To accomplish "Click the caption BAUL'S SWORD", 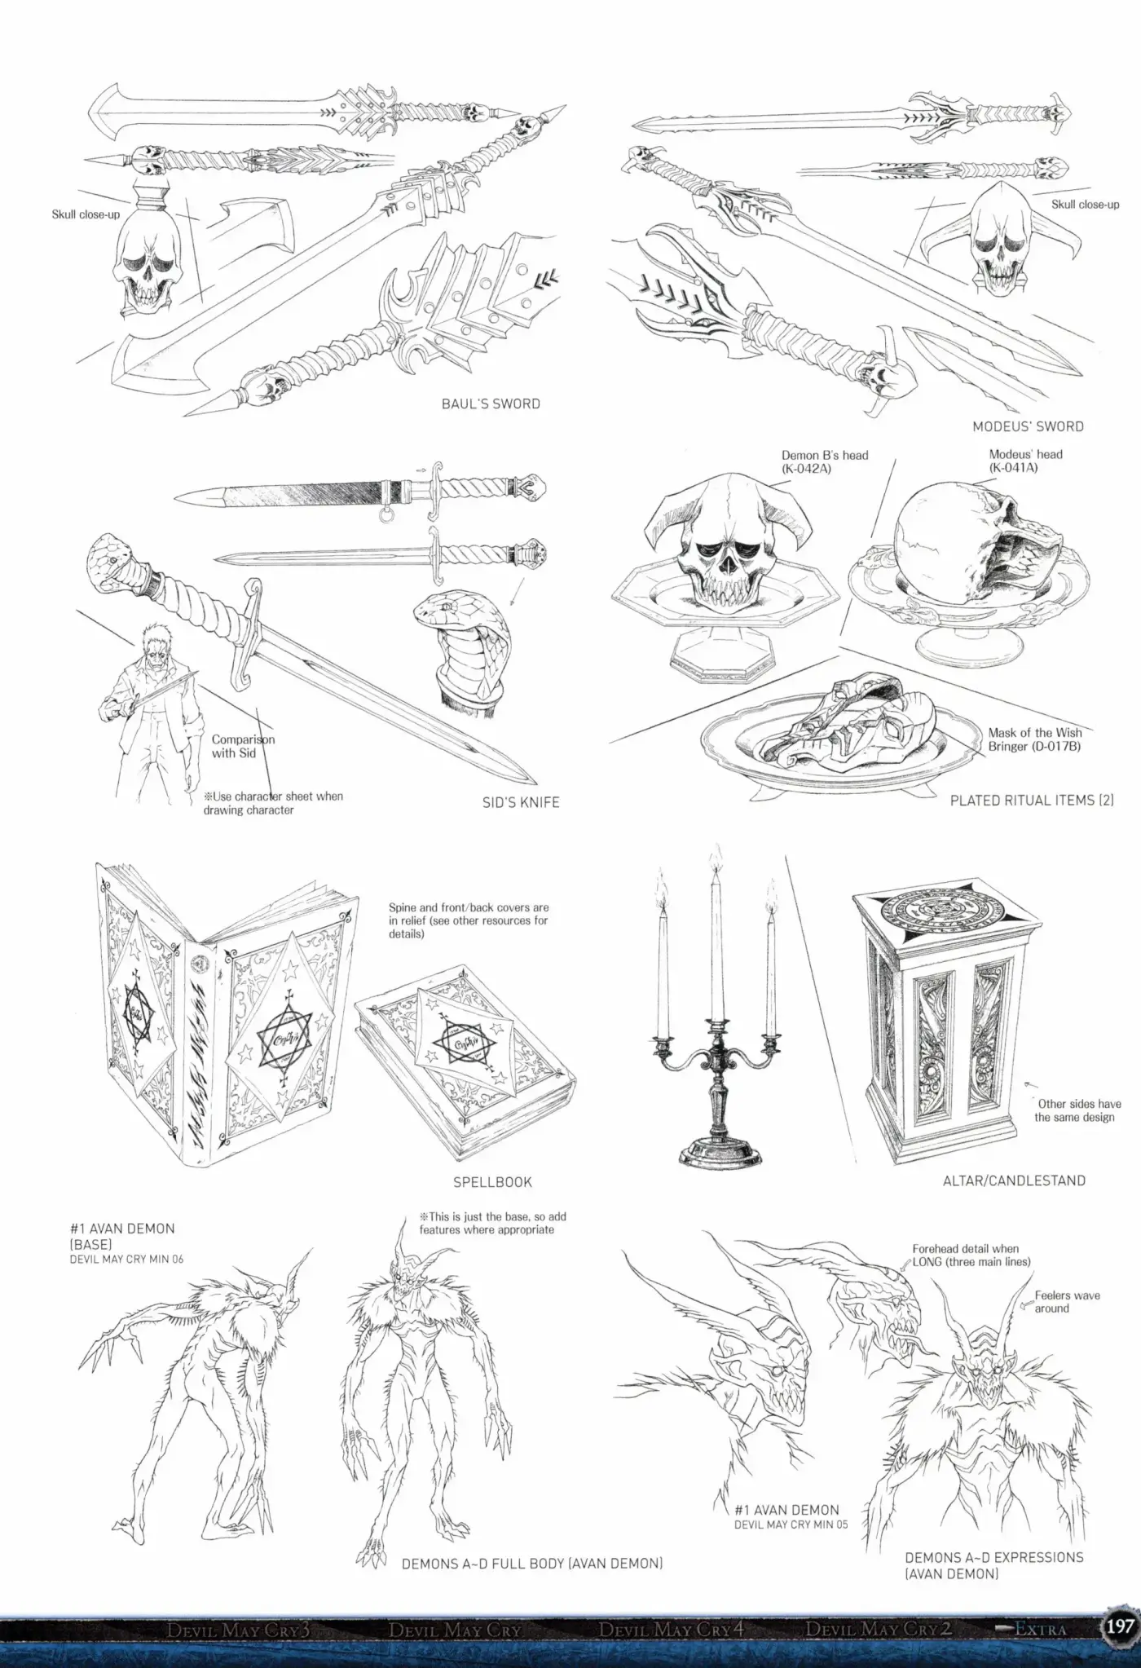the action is click(491, 404).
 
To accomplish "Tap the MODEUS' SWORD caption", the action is click(1028, 426).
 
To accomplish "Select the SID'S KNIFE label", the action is click(521, 802).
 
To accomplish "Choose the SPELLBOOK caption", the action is click(492, 1181).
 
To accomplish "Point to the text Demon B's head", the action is click(825, 455).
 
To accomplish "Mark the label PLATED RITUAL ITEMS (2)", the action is click(1032, 801).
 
